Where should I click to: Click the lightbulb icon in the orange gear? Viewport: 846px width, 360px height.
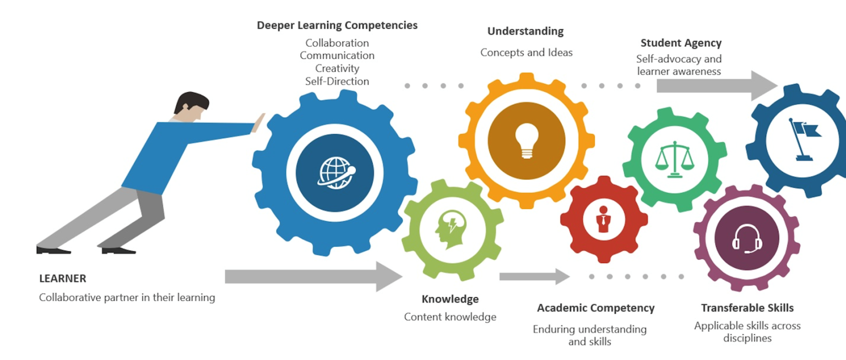coord(526,140)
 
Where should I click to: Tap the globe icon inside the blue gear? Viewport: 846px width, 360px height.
coord(334,172)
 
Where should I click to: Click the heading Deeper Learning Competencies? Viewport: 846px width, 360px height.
coord(337,25)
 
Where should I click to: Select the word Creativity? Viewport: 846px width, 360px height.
coord(337,68)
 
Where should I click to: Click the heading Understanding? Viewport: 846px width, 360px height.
coord(525,31)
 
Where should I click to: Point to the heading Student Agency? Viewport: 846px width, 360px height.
coord(681,43)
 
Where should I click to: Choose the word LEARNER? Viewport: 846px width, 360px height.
coord(63,279)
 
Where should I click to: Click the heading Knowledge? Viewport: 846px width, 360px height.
coord(450,299)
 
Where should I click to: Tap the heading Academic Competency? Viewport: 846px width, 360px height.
coord(595,308)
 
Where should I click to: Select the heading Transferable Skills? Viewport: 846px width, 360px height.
coord(747,308)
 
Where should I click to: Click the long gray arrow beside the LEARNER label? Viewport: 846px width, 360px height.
coord(313,276)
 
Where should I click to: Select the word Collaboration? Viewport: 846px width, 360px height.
coord(337,43)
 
